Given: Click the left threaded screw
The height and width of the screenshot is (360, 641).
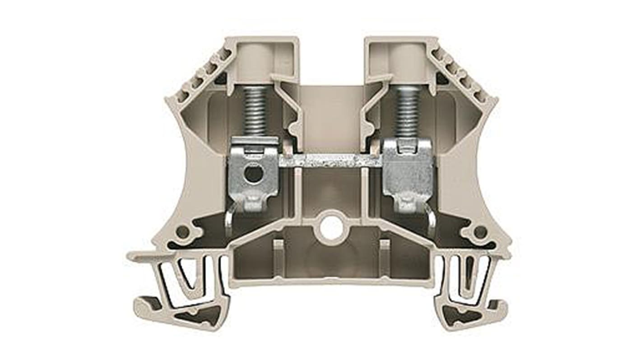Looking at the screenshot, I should [255, 111].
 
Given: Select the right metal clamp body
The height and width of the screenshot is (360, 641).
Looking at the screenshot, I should [408, 174].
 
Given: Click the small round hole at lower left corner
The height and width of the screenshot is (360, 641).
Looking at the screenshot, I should [182, 232].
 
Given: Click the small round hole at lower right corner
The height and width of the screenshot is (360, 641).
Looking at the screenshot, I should [480, 232].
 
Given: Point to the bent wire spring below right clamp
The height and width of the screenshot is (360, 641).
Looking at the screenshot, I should [432, 221].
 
